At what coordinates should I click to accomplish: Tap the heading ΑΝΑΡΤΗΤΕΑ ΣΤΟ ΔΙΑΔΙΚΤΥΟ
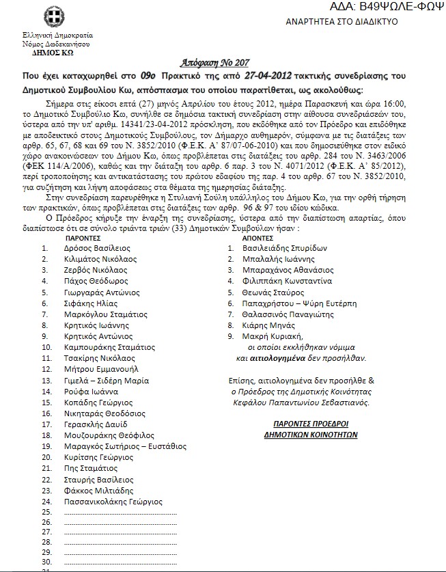point(342,22)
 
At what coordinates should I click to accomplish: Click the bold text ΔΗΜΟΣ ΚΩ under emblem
point(59,51)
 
